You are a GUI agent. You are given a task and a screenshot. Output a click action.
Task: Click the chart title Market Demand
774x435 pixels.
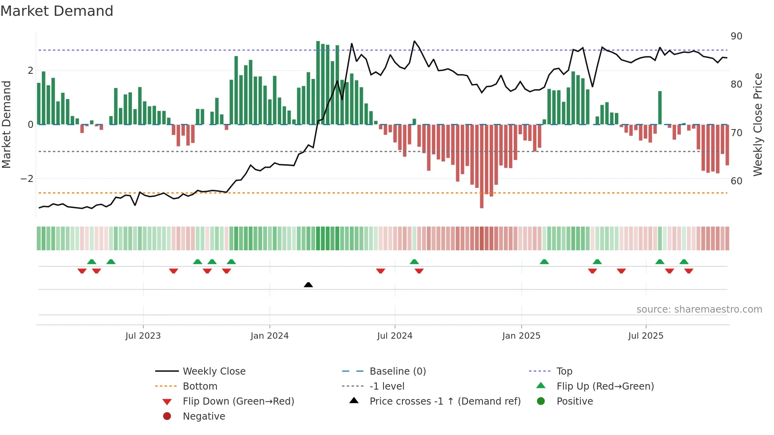click(57, 11)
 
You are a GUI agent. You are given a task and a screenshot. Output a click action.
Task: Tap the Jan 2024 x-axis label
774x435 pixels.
click(269, 336)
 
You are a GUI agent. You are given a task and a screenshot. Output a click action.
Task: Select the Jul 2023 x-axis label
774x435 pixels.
click(143, 336)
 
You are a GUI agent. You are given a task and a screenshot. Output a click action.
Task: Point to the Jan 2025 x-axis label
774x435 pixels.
click(521, 336)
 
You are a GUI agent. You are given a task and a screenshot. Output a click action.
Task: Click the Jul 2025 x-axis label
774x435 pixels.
click(646, 336)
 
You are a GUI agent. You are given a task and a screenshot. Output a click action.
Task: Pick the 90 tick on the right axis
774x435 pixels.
click(736, 36)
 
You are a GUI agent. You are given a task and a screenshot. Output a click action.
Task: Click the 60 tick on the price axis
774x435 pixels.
click(736, 181)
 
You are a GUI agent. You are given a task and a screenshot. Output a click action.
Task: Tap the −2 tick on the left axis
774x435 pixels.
click(27, 179)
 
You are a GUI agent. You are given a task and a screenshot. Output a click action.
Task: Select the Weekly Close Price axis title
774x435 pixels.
click(757, 124)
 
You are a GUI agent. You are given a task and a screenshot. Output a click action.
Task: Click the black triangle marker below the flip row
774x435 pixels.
click(308, 285)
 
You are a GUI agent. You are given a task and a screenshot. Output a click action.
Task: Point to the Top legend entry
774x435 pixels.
click(564, 371)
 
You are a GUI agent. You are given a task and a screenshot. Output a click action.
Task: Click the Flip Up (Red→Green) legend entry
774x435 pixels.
click(605, 386)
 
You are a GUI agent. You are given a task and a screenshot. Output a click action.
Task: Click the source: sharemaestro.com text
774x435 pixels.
click(699, 309)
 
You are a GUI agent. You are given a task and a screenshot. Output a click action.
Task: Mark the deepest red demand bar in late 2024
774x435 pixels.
click(481, 166)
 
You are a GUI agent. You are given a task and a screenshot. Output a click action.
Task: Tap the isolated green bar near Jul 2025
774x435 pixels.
click(660, 108)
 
